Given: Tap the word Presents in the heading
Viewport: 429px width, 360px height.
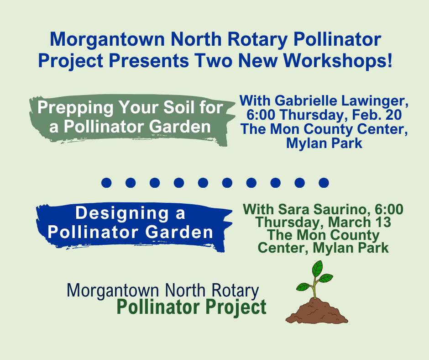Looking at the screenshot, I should click(x=148, y=60).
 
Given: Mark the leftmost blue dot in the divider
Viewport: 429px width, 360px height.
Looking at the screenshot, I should click(x=106, y=183).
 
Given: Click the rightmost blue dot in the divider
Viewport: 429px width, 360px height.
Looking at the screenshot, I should click(x=324, y=183).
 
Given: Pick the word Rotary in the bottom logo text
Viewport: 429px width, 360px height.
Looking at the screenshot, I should click(x=235, y=290).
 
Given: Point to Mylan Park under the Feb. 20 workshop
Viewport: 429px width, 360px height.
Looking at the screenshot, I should click(x=324, y=143).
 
